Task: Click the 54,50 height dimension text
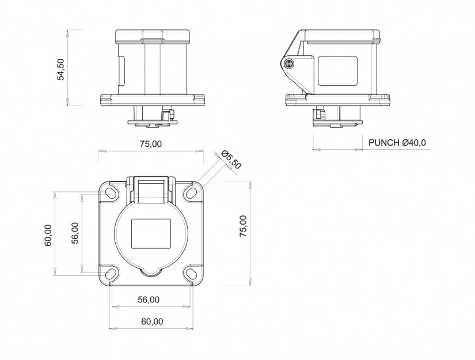(x=61, y=69)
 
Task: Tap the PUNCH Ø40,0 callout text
(x=397, y=142)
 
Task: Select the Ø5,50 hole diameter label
(x=231, y=160)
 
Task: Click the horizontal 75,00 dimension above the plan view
(x=151, y=144)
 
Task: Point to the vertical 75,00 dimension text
(x=243, y=226)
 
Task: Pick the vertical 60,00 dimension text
(x=48, y=236)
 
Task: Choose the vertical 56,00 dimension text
(x=75, y=233)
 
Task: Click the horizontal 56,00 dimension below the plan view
(x=149, y=300)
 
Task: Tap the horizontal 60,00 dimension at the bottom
(x=152, y=321)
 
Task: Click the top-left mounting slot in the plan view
(x=111, y=192)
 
